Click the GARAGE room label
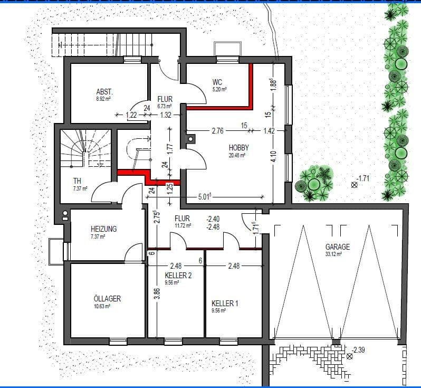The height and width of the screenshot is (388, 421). coord(338,247)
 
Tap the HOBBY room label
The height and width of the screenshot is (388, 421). coord(238,147)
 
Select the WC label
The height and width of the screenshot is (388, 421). coord(217,82)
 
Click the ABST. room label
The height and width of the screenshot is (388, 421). coord(104,91)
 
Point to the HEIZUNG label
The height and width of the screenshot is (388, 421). coord(104,229)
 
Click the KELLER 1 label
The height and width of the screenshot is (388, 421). coord(225,304)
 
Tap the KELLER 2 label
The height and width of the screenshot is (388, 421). coord(178,275)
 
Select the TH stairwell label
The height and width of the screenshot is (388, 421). coord(78,181)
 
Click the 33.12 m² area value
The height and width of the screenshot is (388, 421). coord(333,254)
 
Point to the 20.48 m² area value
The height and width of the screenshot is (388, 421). coord(239,155)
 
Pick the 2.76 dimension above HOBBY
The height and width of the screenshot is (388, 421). coord(218,130)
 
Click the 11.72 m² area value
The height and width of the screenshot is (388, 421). coord(183,225)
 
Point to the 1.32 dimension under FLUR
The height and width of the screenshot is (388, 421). coord(166,115)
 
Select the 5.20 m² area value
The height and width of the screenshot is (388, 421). coord(219,90)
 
